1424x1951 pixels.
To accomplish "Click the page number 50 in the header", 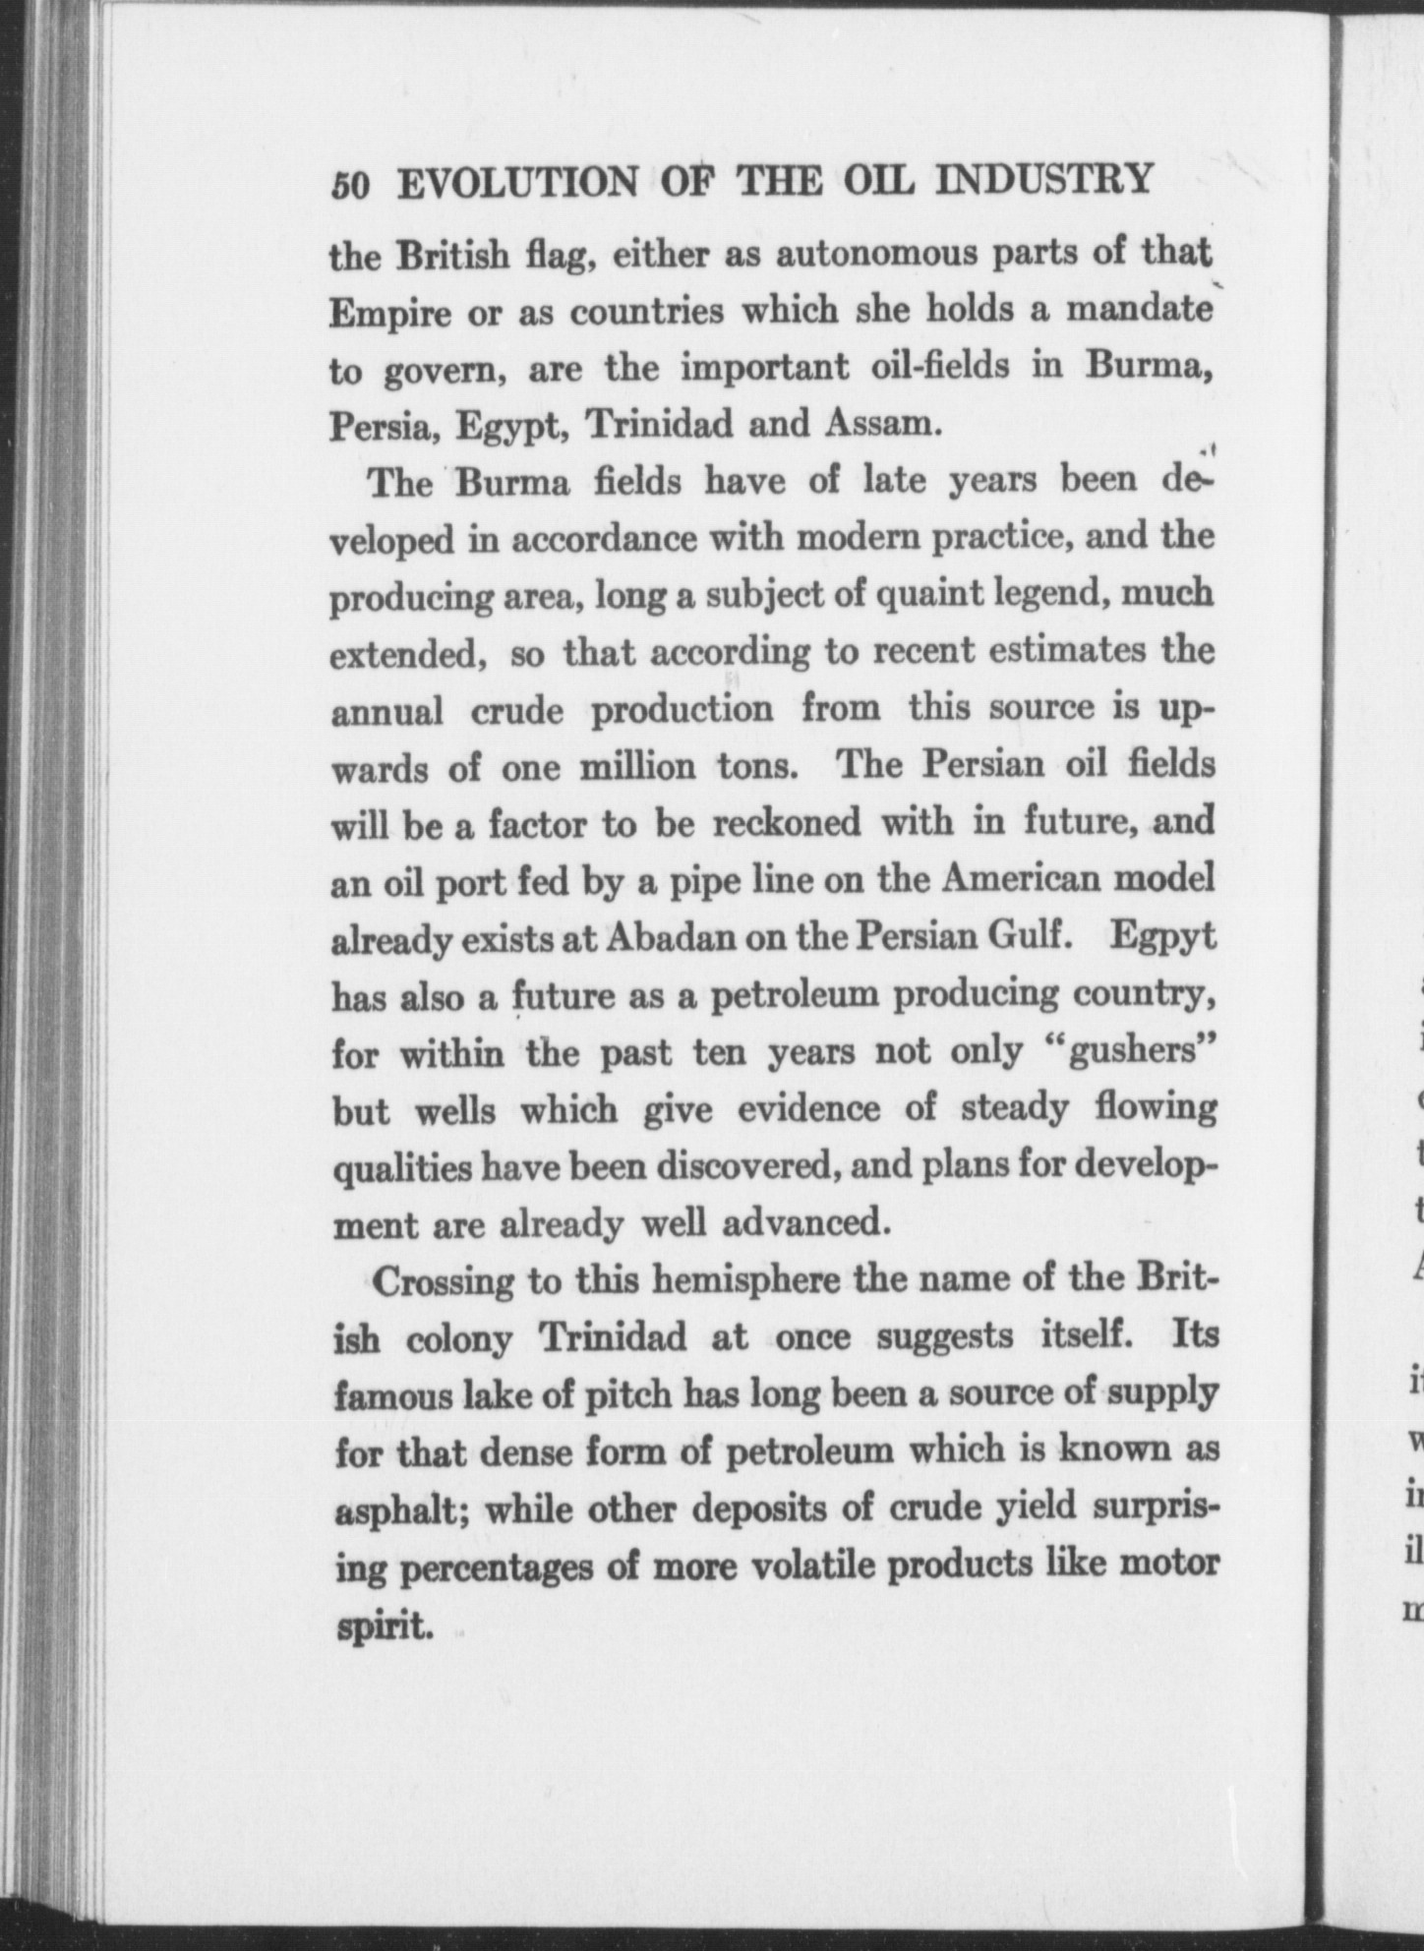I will [350, 185].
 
